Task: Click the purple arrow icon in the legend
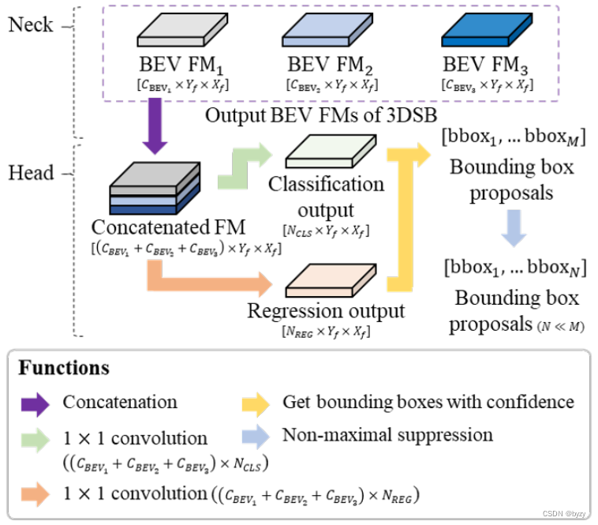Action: [36, 402]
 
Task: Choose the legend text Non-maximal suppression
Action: [387, 435]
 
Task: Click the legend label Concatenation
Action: [120, 402]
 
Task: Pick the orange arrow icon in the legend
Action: [36, 495]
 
